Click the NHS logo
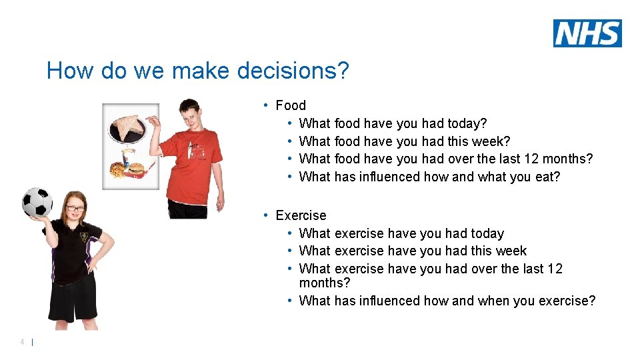click(587, 33)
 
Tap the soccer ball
click(37, 203)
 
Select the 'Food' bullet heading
click(291, 105)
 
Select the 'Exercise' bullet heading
click(301, 215)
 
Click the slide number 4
click(23, 342)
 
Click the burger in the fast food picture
click(135, 169)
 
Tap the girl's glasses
click(75, 209)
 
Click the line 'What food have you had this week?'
click(405, 141)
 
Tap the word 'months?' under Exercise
click(325, 283)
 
